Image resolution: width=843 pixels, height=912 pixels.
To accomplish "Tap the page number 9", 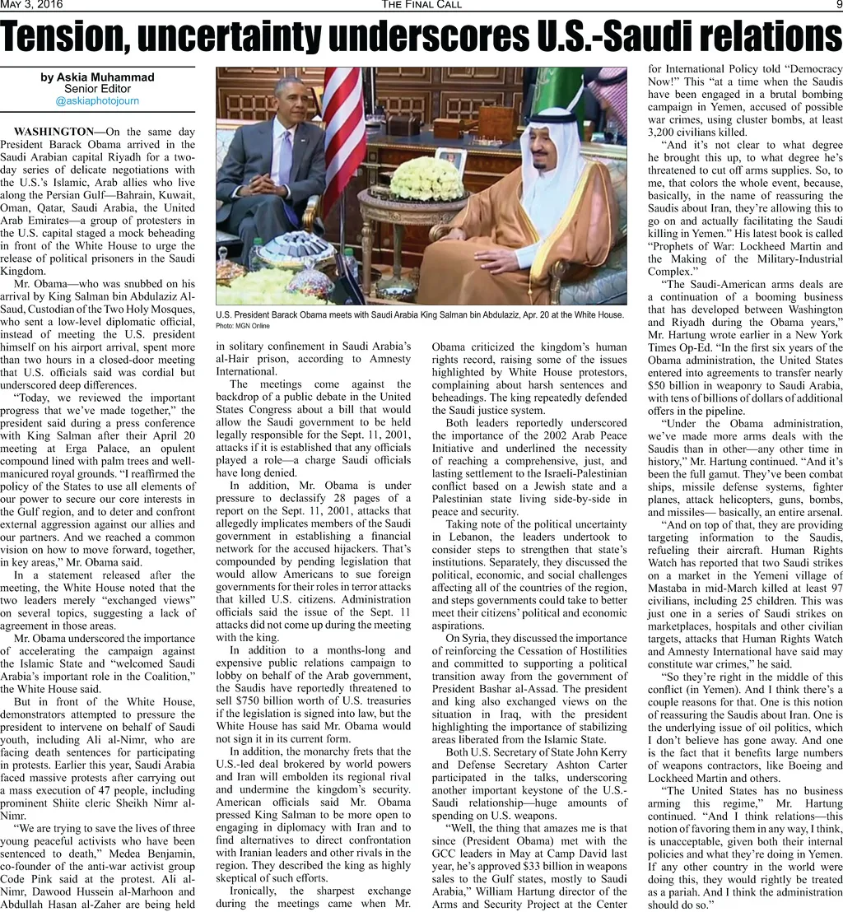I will [836, 5].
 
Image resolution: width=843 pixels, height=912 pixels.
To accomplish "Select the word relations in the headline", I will [761, 37].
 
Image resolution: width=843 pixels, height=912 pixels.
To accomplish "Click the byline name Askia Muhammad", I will [97, 77].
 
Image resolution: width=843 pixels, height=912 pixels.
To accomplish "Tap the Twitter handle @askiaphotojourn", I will [97, 100].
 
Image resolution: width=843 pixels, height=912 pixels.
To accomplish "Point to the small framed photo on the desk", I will [450, 159].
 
